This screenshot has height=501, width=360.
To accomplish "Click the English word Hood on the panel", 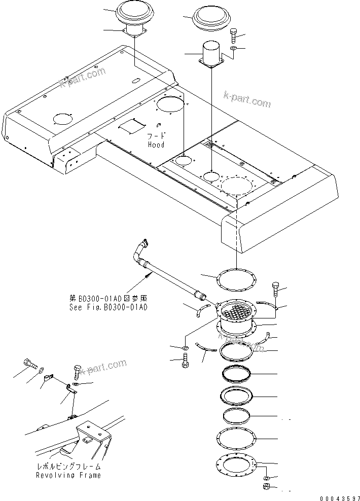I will tap(156, 144).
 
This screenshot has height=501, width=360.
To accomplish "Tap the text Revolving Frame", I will tap(68, 475).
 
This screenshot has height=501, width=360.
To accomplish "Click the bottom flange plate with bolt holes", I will tap(236, 466).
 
